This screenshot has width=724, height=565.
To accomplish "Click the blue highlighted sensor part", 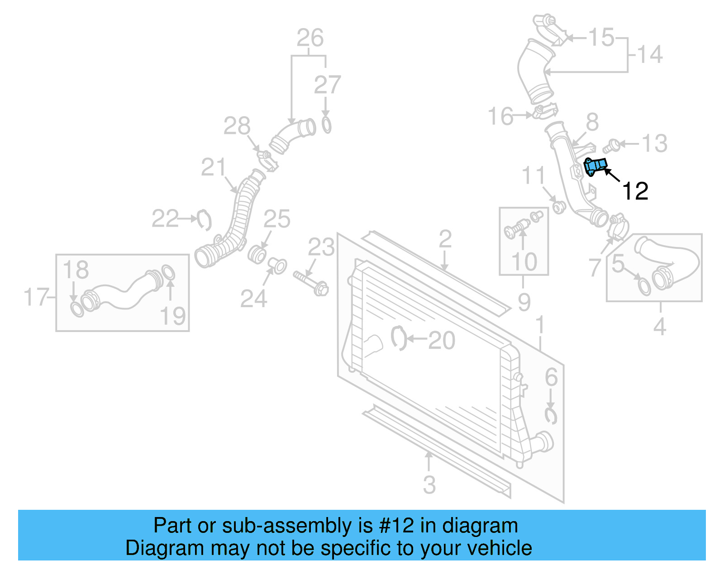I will tap(595, 166).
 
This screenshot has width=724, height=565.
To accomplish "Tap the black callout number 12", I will tap(635, 191).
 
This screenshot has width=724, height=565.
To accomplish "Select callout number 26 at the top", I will tap(310, 38).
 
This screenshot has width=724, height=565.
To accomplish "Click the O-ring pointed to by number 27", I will tap(326, 125).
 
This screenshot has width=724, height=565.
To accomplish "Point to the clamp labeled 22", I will tap(205, 220).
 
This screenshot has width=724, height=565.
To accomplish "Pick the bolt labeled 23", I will tap(311, 282).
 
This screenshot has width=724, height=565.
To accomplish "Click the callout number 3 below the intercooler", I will tap(429, 485).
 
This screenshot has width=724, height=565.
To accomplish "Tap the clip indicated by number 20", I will tap(398, 338).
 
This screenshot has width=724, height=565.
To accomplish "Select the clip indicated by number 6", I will tap(551, 415).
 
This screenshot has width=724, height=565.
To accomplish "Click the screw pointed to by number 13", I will tap(611, 146).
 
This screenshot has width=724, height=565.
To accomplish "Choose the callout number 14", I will tap(650, 55).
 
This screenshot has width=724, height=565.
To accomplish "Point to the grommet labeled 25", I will tap(257, 254).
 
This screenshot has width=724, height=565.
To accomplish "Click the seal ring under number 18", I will tap(77, 309).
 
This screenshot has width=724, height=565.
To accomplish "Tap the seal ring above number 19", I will tap(168, 273).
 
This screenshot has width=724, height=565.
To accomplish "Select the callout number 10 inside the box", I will tap(524, 262).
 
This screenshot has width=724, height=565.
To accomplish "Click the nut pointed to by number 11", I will tap(559, 207).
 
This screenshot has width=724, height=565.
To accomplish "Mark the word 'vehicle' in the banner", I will tap(500, 548).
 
